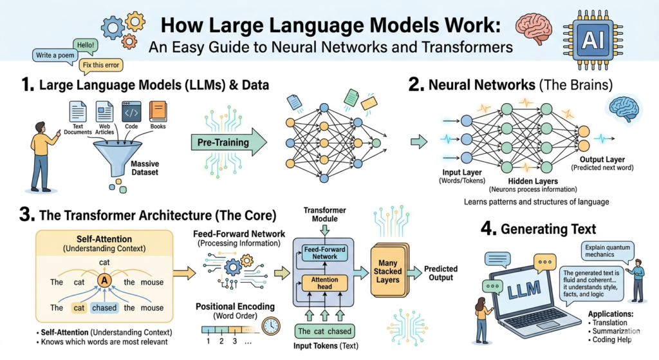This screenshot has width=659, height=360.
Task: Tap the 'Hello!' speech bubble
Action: pyautogui.click(x=84, y=46)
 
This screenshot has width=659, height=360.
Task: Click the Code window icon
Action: pyautogui.click(x=131, y=111)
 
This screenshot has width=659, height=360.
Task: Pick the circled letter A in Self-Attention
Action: pyautogui.click(x=104, y=281)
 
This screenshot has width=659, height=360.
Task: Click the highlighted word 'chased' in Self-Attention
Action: pyautogui.click(x=104, y=308)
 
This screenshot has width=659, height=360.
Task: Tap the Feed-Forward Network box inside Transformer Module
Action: pyautogui.click(x=325, y=252)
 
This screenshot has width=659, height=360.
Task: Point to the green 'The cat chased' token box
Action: pyautogui.click(x=324, y=332)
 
